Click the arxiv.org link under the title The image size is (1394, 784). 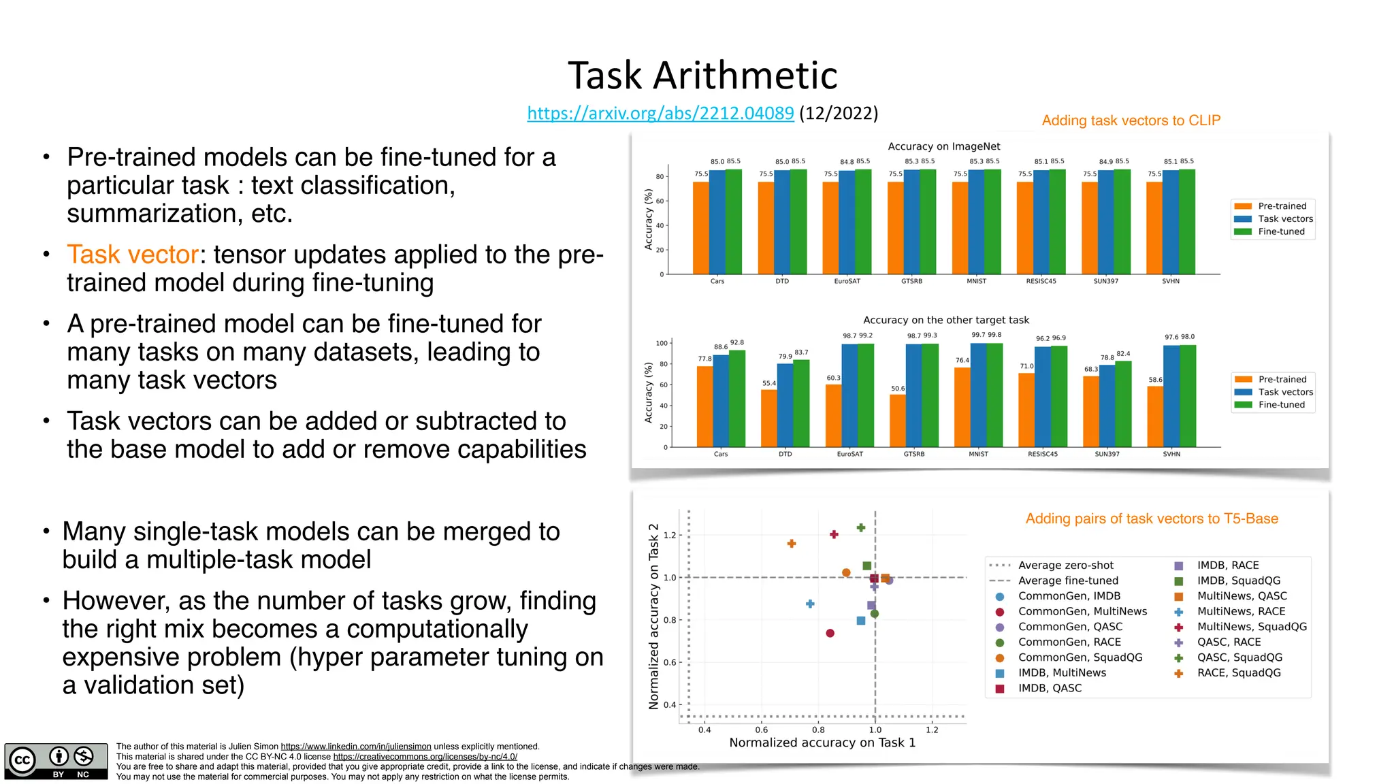point(660,113)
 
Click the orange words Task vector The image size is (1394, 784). point(133,255)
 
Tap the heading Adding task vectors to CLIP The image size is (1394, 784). point(1131,120)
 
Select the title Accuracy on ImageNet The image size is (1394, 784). point(943,146)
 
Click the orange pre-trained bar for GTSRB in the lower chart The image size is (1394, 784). point(897,421)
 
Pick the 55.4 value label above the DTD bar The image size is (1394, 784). point(768,383)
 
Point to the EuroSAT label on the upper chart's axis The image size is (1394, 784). point(847,281)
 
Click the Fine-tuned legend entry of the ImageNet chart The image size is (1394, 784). point(1280,231)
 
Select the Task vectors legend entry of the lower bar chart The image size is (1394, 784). point(1285,392)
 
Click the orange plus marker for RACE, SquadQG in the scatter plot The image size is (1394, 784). point(792,544)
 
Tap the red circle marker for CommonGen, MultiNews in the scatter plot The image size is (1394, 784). point(830,633)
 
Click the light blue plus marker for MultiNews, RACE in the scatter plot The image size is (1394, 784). point(810,604)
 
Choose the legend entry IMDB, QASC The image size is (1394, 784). point(1049,688)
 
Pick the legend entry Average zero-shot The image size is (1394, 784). point(1065,565)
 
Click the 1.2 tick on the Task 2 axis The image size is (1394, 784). point(670,535)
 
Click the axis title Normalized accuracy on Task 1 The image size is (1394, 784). point(822,742)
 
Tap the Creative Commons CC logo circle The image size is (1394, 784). point(22,760)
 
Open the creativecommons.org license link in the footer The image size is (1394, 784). point(425,757)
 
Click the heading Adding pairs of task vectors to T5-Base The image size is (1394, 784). point(1152,519)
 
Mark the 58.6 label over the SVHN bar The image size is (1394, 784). point(1155,380)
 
